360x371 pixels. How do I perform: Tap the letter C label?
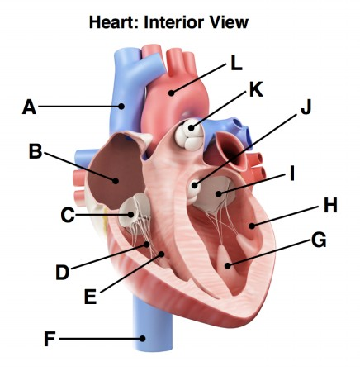[x=68, y=216]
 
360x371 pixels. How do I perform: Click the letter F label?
[x=49, y=338]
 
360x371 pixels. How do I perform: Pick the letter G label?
[x=319, y=240]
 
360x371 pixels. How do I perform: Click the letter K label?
[x=256, y=89]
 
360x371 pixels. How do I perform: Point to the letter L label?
[x=236, y=63]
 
